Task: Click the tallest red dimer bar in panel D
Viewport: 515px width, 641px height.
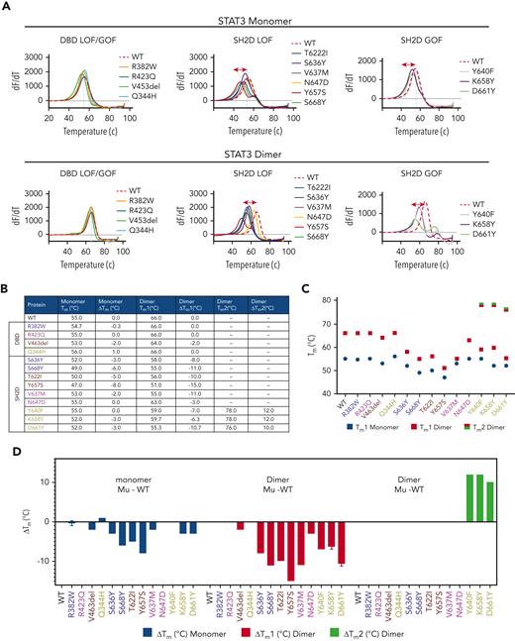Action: tap(292, 552)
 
